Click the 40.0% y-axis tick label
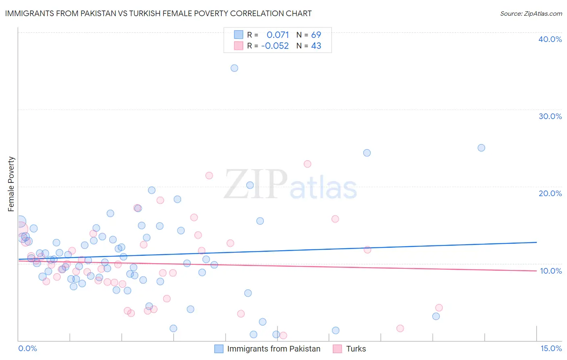(550, 39)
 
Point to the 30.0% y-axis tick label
(550, 116)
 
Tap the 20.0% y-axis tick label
(550, 193)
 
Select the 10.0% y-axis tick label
(550, 271)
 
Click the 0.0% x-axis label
(27, 348)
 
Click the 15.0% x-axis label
(551, 348)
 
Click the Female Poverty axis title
(11, 184)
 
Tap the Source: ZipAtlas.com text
(531, 13)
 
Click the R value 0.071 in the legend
(277, 35)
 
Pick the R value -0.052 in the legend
(275, 46)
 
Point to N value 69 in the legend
(316, 35)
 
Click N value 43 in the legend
(316, 46)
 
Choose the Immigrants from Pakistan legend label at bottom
(273, 349)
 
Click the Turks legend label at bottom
(356, 349)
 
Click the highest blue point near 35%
(234, 68)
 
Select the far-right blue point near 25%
(481, 148)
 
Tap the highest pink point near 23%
(307, 164)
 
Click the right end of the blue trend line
(536, 242)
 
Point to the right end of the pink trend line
(536, 270)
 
